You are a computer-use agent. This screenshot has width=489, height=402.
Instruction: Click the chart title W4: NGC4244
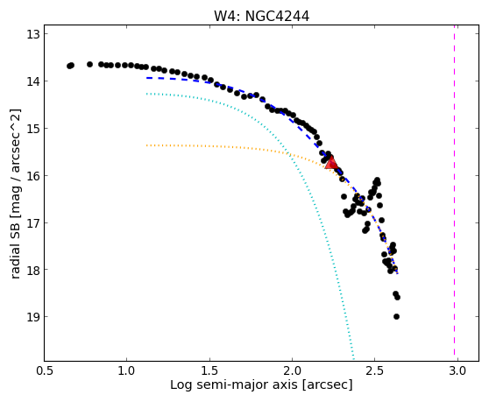[x=261, y=16]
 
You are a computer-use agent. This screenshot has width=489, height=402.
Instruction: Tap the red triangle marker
[x=331, y=162]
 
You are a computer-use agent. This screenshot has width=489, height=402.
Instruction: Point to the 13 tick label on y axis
[x=33, y=34]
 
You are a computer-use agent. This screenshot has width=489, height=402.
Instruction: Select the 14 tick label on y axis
[x=33, y=81]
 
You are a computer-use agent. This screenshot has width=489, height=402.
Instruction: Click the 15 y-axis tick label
[x=33, y=129]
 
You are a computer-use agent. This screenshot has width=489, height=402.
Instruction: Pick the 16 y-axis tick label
[x=33, y=176]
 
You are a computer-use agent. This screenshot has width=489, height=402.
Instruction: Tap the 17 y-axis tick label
[x=33, y=222]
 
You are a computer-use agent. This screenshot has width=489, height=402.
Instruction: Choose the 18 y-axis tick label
[x=33, y=270]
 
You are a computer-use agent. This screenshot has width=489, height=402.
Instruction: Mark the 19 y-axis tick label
[x=33, y=317]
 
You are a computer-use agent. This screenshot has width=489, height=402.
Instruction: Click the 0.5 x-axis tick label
[x=45, y=370]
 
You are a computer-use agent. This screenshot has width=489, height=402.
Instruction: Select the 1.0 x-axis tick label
[x=126, y=370]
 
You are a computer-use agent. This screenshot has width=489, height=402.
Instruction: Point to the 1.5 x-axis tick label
[x=209, y=370]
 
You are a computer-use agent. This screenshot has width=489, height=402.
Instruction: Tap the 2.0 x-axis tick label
[x=292, y=370]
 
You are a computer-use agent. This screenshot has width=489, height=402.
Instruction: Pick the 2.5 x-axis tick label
[x=375, y=370]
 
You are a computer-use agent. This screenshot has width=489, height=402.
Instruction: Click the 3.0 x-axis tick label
[x=457, y=370]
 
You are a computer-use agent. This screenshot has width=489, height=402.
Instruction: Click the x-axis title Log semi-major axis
[x=234, y=385]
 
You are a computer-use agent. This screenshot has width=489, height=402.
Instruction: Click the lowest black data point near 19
[x=396, y=317]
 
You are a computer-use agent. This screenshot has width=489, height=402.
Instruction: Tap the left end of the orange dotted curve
[x=146, y=145]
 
